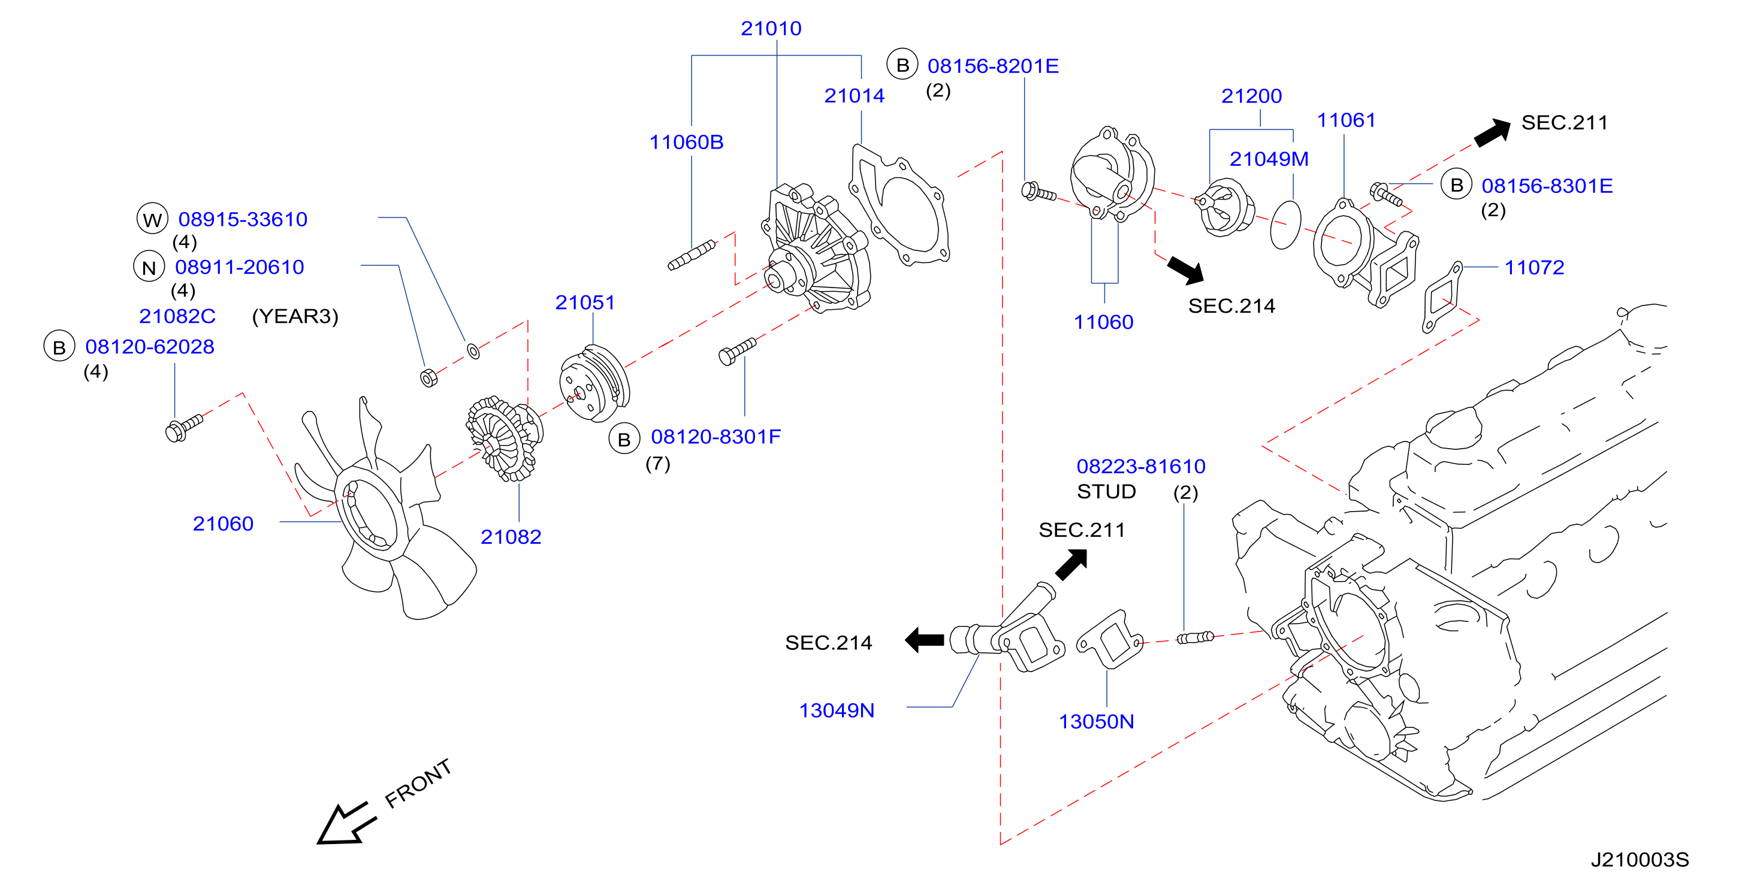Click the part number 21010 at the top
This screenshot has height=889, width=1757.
pyautogui.click(x=771, y=29)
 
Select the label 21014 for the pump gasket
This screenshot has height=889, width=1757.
pyautogui.click(x=854, y=95)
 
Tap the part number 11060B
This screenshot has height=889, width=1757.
pyautogui.click(x=686, y=142)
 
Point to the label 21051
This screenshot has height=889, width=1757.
pyautogui.click(x=585, y=302)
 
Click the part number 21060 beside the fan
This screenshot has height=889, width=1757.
pyautogui.click(x=223, y=524)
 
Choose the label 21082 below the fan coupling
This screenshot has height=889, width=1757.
pyautogui.click(x=511, y=537)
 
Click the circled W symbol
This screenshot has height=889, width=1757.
pyautogui.click(x=152, y=219)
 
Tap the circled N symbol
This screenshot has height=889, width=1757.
pyautogui.click(x=149, y=267)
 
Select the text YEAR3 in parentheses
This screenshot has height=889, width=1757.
pyautogui.click(x=295, y=316)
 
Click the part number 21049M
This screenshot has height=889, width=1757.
pyautogui.click(x=1269, y=159)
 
